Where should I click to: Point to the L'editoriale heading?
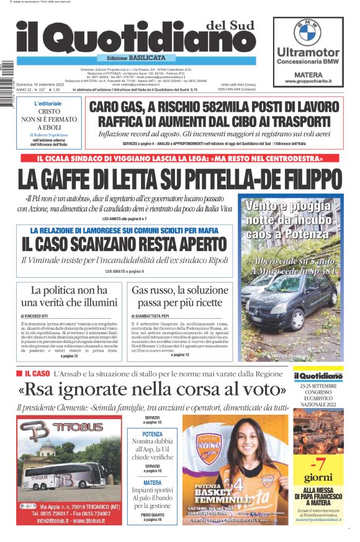pos(48,104)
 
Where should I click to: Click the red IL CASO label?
pos(37,374)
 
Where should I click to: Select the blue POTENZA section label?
pos(152,434)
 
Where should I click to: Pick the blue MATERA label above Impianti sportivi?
pos(152,482)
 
